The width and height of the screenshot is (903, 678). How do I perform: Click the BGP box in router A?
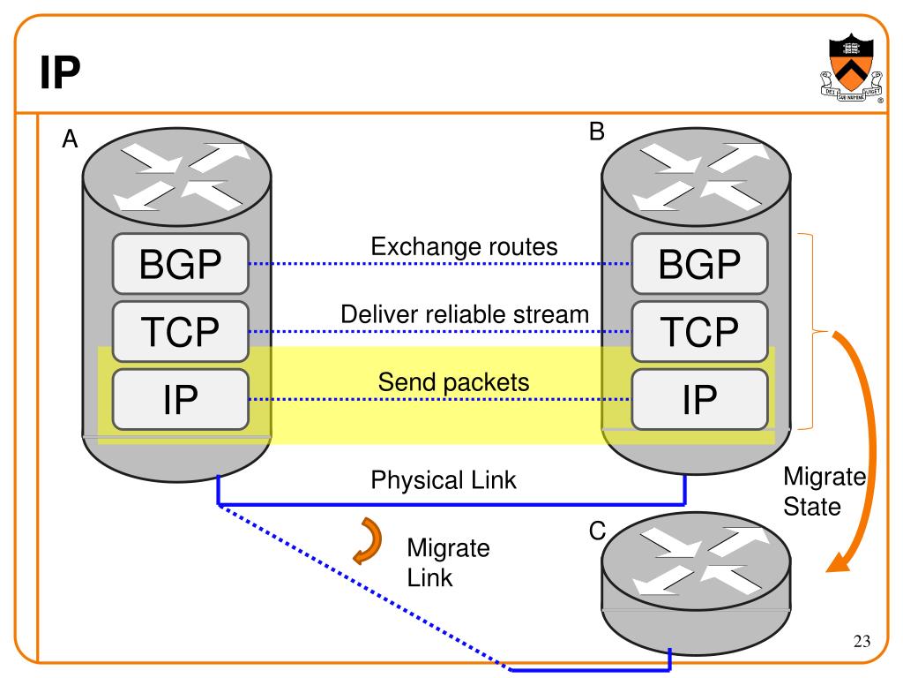click(180, 264)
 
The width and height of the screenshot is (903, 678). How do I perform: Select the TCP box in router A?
click(180, 331)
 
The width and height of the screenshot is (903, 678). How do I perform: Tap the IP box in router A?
click(180, 399)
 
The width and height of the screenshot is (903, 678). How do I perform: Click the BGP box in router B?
click(699, 264)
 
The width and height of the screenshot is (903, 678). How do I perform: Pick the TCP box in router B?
click(699, 331)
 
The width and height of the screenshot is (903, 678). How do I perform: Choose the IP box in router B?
click(699, 399)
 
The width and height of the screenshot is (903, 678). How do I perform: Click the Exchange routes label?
click(464, 247)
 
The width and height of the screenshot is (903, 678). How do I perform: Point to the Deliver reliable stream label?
click(465, 314)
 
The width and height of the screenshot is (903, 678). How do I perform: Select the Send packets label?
click(453, 382)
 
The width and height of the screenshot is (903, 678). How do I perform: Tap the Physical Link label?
click(444, 480)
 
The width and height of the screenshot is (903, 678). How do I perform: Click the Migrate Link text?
click(447, 562)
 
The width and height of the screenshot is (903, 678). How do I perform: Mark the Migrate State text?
click(825, 493)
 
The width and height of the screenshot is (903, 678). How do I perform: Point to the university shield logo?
click(849, 70)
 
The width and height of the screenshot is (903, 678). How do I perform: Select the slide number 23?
click(862, 641)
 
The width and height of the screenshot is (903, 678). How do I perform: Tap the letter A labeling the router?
click(70, 139)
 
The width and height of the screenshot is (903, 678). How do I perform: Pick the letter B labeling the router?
click(597, 132)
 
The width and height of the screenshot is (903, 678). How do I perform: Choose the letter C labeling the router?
click(598, 531)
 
